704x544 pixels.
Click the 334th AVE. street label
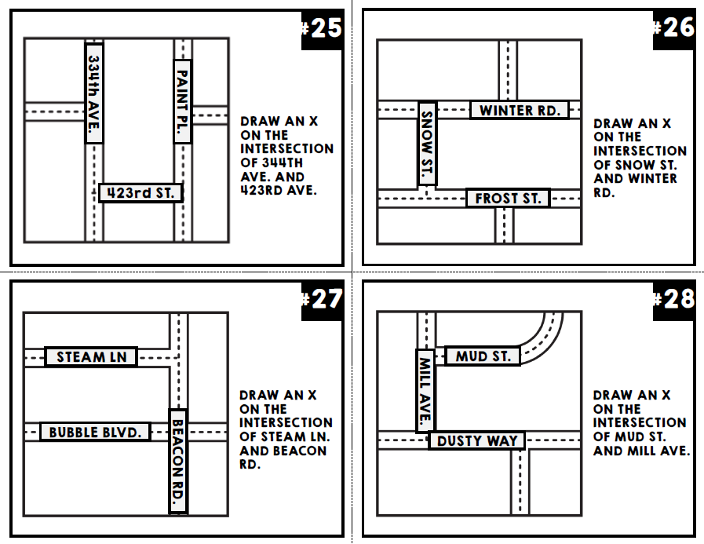[93, 93]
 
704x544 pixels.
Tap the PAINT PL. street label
[182, 101]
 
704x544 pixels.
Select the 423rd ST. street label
[141, 193]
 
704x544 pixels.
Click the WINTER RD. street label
[520, 110]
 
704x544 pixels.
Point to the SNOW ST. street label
[428, 144]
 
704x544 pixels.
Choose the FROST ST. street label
[508, 198]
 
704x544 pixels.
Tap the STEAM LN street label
[91, 357]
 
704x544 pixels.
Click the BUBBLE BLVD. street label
[95, 432]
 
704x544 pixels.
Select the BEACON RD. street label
[178, 461]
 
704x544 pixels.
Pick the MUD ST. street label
[483, 356]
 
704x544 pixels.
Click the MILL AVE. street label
[425, 390]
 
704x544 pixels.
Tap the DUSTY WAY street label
[477, 440]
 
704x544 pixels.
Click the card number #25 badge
[323, 29]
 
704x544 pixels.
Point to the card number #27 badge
[323, 300]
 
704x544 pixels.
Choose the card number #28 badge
[674, 299]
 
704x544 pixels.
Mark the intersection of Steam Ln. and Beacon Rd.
[179, 357]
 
